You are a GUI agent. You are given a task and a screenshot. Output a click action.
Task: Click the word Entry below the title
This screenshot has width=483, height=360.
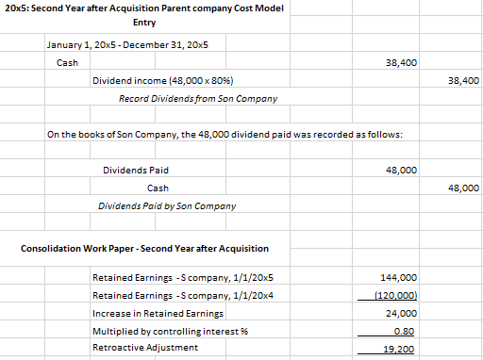[x=144, y=22]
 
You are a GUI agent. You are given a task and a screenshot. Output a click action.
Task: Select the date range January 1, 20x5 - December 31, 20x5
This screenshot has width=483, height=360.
[x=127, y=45]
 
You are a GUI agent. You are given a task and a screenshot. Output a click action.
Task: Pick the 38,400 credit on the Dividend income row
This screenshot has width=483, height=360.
[x=464, y=81]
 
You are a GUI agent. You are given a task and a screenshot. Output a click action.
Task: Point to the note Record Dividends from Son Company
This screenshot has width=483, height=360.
[x=198, y=98]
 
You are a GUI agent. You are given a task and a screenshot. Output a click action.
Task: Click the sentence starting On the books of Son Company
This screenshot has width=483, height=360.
[x=225, y=136]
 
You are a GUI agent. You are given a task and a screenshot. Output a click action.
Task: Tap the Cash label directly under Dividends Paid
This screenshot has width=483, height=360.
[x=158, y=188]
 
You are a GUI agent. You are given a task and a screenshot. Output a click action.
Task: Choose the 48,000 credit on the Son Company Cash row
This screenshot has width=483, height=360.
[x=464, y=188]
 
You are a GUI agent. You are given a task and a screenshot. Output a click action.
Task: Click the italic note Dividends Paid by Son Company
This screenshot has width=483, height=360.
[x=167, y=205]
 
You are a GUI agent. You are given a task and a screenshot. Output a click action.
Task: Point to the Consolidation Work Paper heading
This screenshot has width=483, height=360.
[x=144, y=249]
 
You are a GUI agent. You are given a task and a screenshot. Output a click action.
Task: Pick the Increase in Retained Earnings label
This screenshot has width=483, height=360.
[x=158, y=313]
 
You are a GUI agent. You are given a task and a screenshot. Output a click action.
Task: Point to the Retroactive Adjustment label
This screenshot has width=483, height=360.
[x=145, y=348]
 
